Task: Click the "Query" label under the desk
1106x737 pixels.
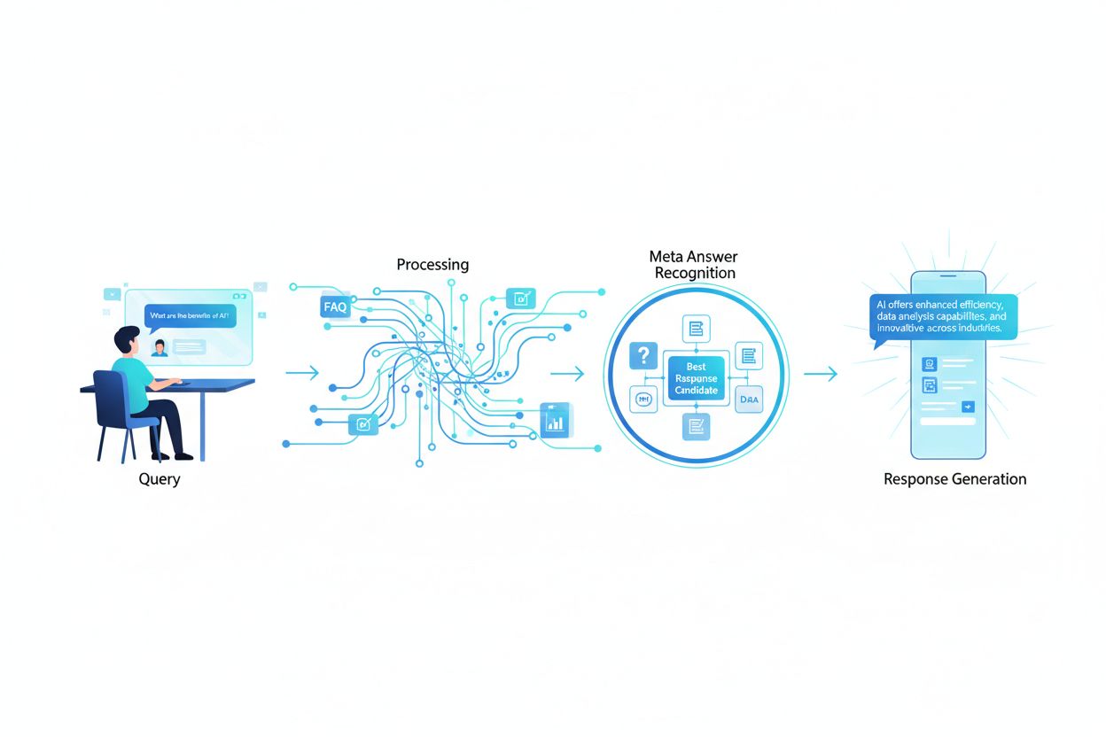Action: pyautogui.click(x=160, y=479)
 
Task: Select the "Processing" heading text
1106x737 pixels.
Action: pyautogui.click(x=432, y=264)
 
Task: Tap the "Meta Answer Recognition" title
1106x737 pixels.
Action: pyautogui.click(x=695, y=264)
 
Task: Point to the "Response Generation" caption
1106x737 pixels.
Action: pyautogui.click(x=954, y=479)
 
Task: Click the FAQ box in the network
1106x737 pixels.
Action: pyautogui.click(x=336, y=307)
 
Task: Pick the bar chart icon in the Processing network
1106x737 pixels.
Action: pyautogui.click(x=556, y=420)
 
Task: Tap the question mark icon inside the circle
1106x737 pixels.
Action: pyautogui.click(x=641, y=356)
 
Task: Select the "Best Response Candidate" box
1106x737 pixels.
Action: pyautogui.click(x=696, y=378)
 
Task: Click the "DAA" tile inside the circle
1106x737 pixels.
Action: pyautogui.click(x=749, y=400)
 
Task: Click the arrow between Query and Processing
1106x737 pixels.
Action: pyautogui.click(x=302, y=374)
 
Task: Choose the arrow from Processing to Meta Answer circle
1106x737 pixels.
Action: pyautogui.click(x=567, y=374)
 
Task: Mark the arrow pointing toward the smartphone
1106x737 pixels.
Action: pyautogui.click(x=820, y=374)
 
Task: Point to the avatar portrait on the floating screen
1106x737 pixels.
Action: pyautogui.click(x=160, y=347)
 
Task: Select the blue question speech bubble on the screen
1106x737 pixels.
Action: pyautogui.click(x=191, y=316)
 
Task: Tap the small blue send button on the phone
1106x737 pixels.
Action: pyautogui.click(x=968, y=406)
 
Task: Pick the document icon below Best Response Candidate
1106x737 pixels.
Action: pyautogui.click(x=696, y=427)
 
